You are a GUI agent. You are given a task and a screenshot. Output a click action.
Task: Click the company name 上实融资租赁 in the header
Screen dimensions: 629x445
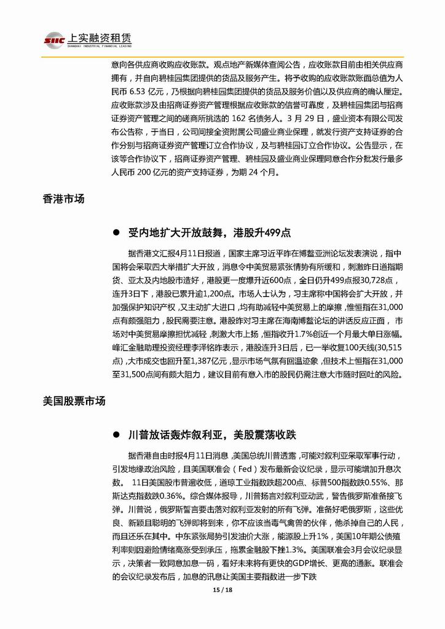[x=96, y=37]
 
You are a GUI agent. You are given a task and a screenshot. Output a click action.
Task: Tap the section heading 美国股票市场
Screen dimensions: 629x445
[x=74, y=401]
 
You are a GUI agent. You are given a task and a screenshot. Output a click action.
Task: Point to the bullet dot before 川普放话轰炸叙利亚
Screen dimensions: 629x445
[x=115, y=435]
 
